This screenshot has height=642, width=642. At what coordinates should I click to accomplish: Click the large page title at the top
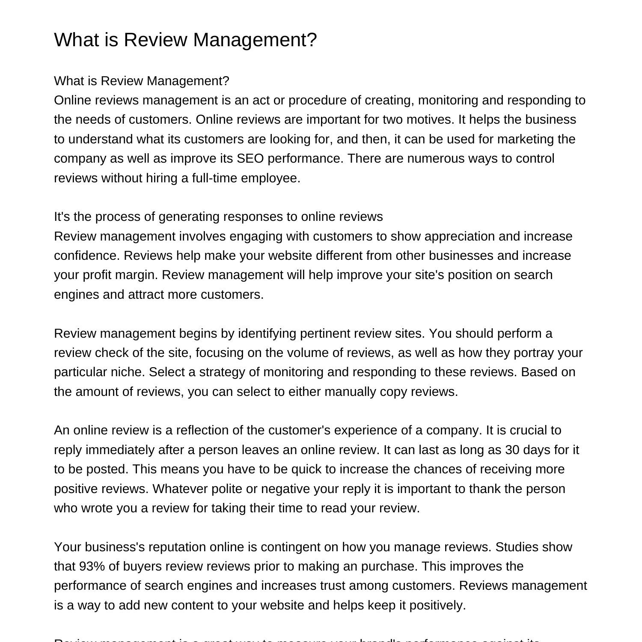pyautogui.click(x=185, y=40)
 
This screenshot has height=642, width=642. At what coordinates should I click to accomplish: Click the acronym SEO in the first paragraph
pyautogui.click(x=247, y=158)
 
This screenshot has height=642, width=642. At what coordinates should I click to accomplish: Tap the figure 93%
pyautogui.click(x=92, y=566)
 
